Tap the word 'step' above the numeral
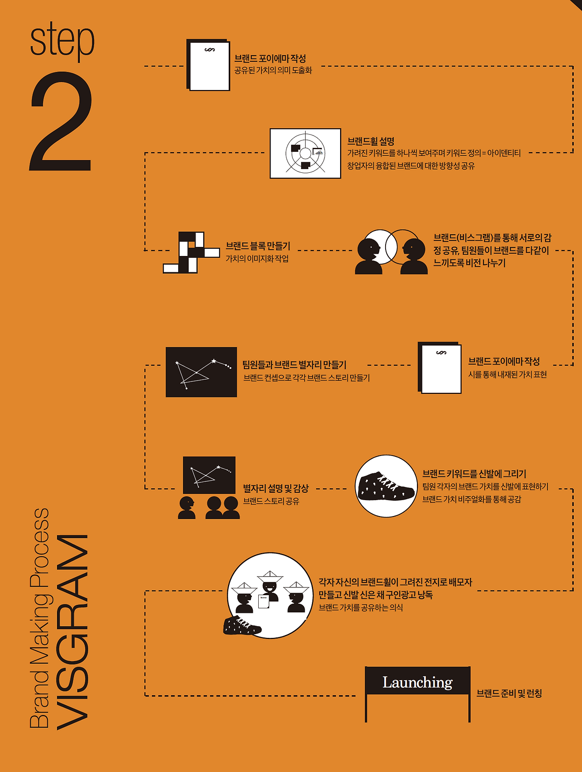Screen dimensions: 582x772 tap(62, 40)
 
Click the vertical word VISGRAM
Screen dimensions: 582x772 tap(72, 632)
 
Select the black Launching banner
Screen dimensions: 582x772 tap(417, 681)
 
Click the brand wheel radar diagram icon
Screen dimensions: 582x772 tap(305, 153)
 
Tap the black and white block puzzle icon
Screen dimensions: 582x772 tap(191, 252)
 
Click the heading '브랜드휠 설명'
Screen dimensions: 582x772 tap(371, 141)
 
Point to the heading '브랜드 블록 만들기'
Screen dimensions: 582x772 tap(258, 246)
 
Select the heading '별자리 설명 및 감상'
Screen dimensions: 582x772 tap(276, 488)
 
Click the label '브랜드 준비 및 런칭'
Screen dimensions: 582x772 tap(509, 693)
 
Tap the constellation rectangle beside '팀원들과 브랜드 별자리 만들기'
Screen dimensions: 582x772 tap(201, 372)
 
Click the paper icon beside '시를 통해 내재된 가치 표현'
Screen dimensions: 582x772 tap(440, 367)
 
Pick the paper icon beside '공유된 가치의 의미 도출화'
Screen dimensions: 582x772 tap(208, 65)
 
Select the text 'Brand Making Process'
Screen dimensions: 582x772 tap(39, 618)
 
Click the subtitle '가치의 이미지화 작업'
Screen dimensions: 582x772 tap(257, 259)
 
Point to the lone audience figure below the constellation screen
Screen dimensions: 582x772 tap(187, 508)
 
